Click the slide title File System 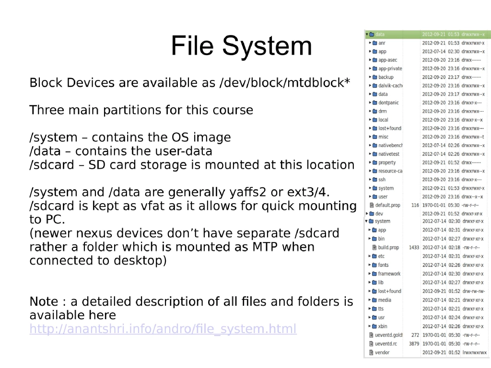[x=241, y=46]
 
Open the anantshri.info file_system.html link [x=163, y=329]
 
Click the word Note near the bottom [x=44, y=302]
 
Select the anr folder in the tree [x=382, y=43]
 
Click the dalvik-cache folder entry [x=390, y=86]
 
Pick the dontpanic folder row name [x=388, y=103]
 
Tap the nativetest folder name [x=389, y=154]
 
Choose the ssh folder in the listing [x=382, y=180]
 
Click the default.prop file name [x=388, y=206]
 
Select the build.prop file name [x=388, y=248]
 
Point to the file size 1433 [x=414, y=248]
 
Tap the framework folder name [x=389, y=274]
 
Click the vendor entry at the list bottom [x=382, y=353]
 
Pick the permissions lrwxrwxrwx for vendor [x=474, y=353]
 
